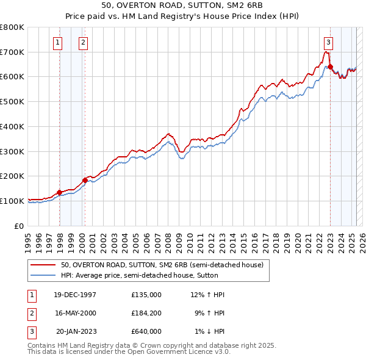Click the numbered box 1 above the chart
(x=57, y=42)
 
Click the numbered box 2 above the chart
(x=82, y=42)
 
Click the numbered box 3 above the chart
(x=328, y=42)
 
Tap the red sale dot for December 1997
(x=60, y=192)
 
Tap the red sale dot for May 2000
(x=85, y=180)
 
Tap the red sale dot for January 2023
(x=330, y=67)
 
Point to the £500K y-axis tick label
(x=12, y=101)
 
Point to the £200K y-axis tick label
(x=12, y=176)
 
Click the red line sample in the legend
(x=43, y=265)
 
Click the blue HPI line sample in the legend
(x=43, y=275)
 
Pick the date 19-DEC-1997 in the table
(x=76, y=295)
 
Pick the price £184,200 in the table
(x=146, y=313)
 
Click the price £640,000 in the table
(x=146, y=331)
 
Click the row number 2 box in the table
(x=30, y=313)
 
